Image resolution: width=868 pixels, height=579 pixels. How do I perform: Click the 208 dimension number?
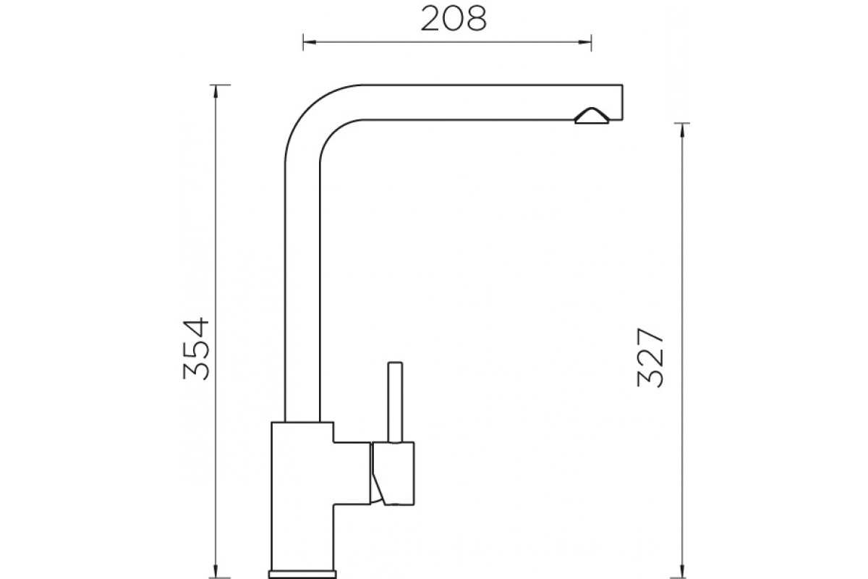pyautogui.click(x=454, y=20)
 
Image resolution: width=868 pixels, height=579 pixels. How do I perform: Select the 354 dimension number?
pyautogui.click(x=197, y=349)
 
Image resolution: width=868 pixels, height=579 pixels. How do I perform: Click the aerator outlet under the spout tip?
pyautogui.click(x=592, y=116)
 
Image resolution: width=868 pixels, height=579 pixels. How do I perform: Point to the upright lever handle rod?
pyautogui.click(x=395, y=402)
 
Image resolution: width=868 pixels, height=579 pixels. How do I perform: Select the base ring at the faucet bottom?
pyautogui.click(x=302, y=575)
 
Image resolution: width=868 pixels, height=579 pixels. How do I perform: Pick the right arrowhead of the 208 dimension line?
pyautogui.click(x=585, y=42)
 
